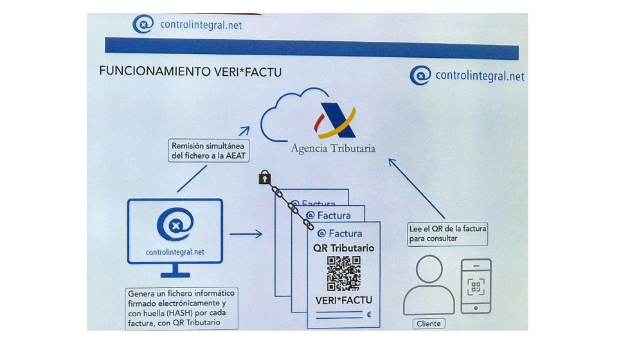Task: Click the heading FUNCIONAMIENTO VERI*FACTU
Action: point(190,71)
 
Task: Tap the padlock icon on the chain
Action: point(264,177)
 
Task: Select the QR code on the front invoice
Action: point(344,273)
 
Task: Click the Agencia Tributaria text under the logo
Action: point(333,148)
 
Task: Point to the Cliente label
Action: point(429,323)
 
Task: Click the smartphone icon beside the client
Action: point(476,285)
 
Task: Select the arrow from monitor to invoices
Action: point(246,234)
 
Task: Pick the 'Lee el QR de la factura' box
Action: point(447,233)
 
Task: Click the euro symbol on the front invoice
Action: point(369,315)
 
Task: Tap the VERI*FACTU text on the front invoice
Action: point(344,300)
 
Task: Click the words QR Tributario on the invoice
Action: point(344,248)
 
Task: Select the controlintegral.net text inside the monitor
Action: point(175,252)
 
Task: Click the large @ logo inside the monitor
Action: point(175,225)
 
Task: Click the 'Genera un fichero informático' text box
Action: point(181,308)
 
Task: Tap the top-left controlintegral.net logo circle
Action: point(143,25)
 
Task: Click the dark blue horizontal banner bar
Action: point(311,47)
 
